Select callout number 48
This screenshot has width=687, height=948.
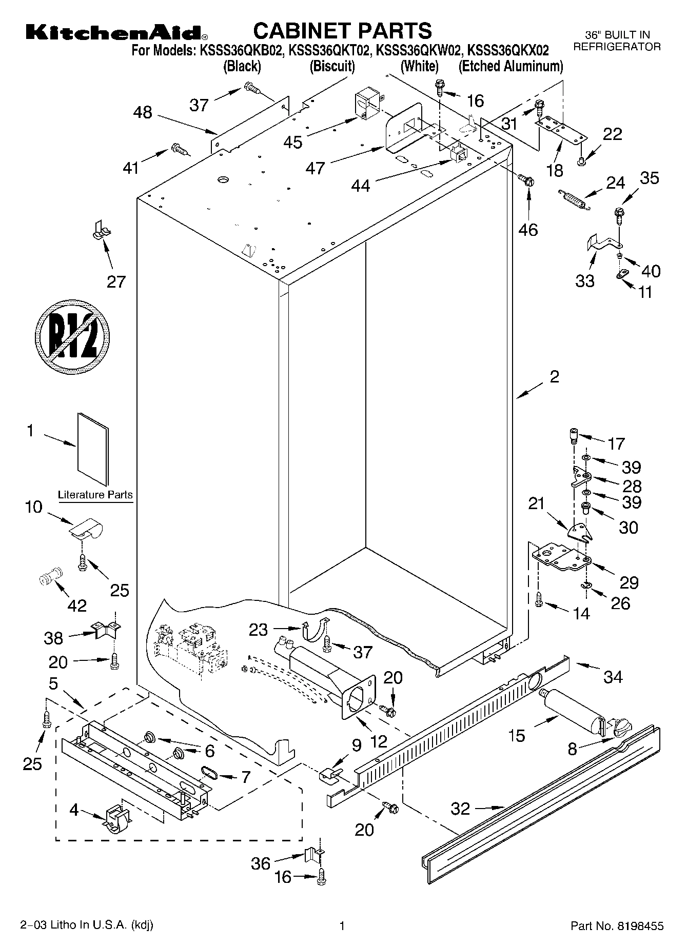(x=143, y=113)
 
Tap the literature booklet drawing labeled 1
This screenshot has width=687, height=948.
(x=93, y=449)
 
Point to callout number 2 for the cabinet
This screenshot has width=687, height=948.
(x=554, y=377)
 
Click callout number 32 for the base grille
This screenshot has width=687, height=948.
(x=460, y=809)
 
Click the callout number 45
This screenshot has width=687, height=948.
(x=293, y=142)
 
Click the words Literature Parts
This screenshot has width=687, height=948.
(x=95, y=495)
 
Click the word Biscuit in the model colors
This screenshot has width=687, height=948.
(x=332, y=66)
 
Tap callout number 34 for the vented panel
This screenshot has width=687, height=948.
(x=613, y=677)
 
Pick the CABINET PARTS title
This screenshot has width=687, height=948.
(x=343, y=31)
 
